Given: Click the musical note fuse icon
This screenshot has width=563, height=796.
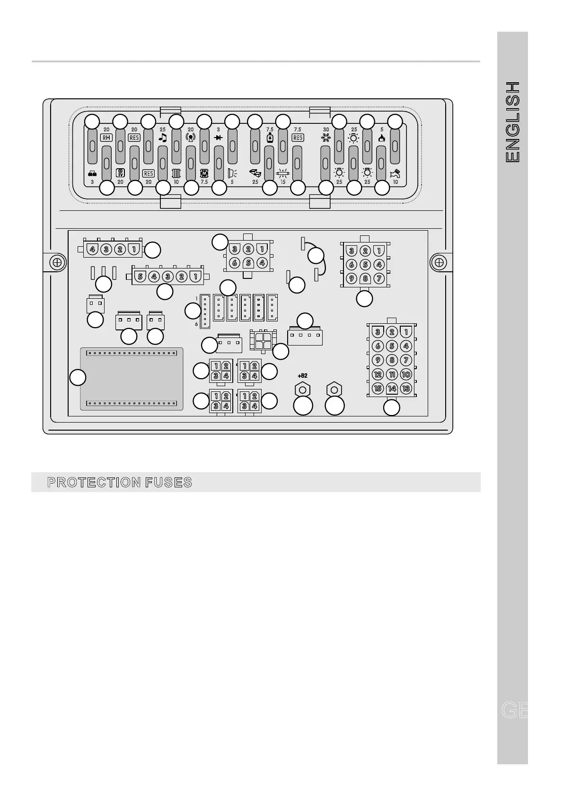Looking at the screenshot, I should (163, 138).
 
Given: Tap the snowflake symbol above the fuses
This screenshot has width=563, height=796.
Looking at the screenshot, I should (326, 138).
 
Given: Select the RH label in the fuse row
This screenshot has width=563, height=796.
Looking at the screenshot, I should (106, 138).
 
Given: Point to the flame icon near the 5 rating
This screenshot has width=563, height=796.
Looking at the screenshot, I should (382, 138).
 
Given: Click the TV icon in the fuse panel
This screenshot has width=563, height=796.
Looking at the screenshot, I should (120, 173).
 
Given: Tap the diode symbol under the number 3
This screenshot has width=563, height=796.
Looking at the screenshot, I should (218, 138).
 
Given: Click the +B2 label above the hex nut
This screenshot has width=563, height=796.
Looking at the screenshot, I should (302, 376).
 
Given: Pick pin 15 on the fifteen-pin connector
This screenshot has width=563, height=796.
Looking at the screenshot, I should (378, 389).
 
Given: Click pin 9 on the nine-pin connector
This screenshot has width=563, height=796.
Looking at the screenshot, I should (352, 278).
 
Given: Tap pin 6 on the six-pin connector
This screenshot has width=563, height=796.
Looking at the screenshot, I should (234, 263).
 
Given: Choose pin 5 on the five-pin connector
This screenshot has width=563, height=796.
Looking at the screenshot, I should (141, 276).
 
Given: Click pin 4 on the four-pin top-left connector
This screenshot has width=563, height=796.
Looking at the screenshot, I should (92, 249).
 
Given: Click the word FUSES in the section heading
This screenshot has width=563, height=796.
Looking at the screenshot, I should (169, 483).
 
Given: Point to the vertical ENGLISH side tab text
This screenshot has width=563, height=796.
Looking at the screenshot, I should (513, 122).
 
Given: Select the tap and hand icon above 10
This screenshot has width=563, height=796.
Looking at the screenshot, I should (395, 173).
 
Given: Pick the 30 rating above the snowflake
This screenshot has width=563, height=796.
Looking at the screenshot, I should (326, 130).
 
